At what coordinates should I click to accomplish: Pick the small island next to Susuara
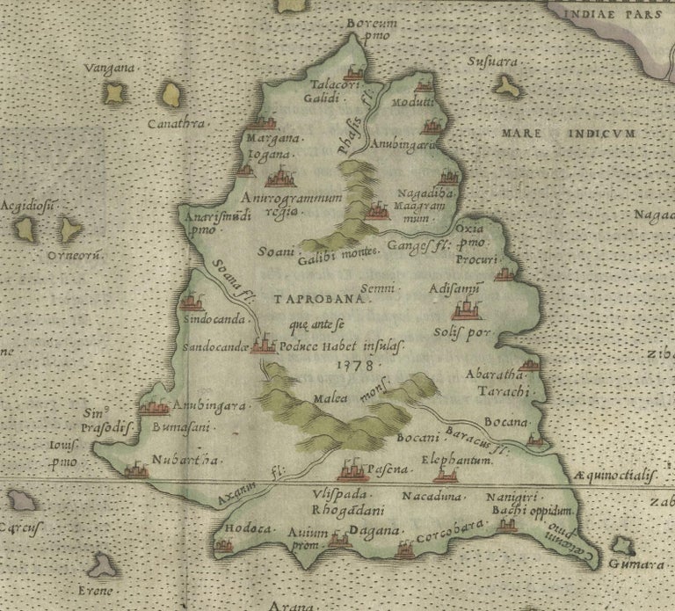coord(505,85)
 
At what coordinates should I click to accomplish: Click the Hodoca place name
coord(243,529)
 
